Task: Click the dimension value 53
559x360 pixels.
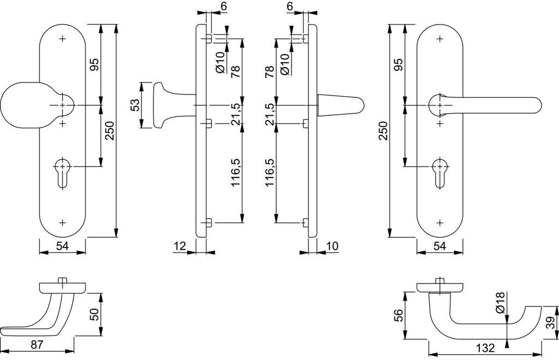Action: click(134, 105)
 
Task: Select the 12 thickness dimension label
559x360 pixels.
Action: click(181, 246)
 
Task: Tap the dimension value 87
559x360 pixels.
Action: click(37, 345)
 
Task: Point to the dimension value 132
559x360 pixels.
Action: click(485, 348)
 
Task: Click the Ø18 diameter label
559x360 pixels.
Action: click(501, 303)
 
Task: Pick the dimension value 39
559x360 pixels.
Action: click(551, 323)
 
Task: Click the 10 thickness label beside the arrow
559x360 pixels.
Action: click(331, 246)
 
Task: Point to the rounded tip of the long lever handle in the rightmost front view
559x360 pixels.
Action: click(539, 105)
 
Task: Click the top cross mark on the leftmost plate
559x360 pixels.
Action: click(63, 39)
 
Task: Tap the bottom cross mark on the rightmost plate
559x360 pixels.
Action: click(440, 223)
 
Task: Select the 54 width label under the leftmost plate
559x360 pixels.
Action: click(62, 246)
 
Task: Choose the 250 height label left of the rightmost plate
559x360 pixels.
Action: click(383, 131)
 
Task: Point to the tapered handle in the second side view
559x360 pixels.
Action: click(341, 105)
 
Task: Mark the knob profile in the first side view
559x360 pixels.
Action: click(168, 105)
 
